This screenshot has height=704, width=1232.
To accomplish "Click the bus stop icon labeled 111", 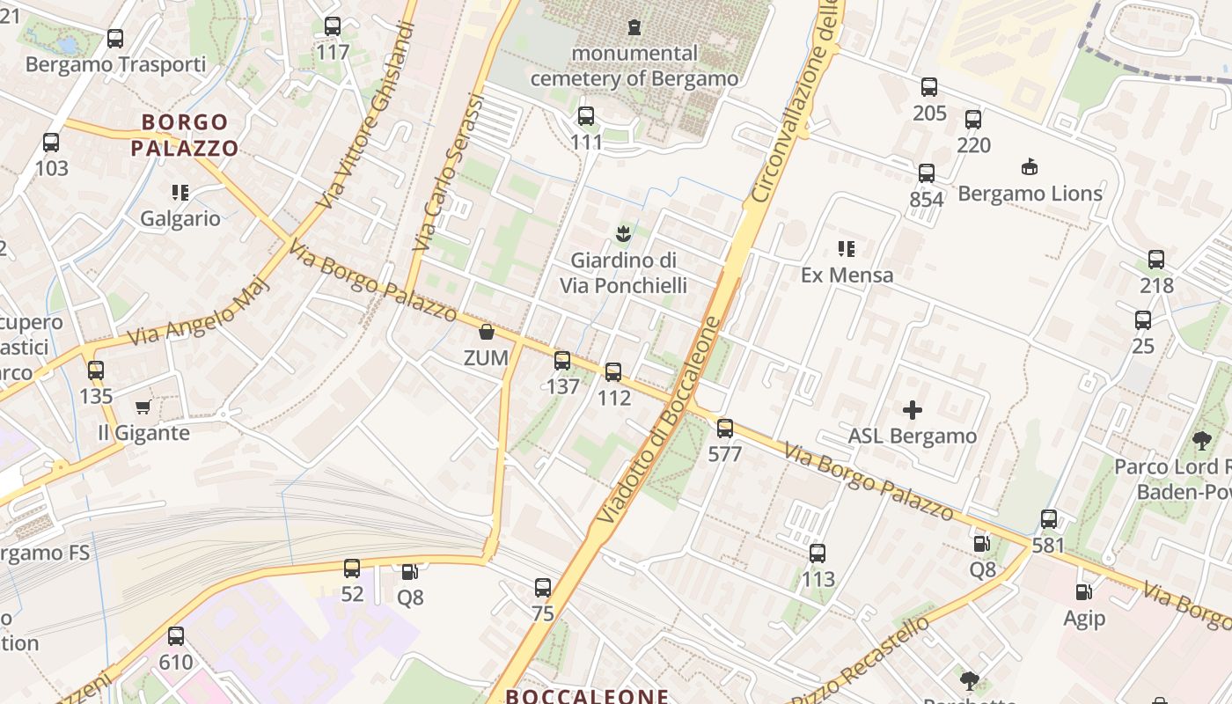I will (586, 116).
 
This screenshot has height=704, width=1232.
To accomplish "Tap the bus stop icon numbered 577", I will (725, 429).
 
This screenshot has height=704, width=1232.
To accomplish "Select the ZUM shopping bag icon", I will (486, 332).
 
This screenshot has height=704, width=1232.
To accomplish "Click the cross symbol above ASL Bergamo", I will (913, 409).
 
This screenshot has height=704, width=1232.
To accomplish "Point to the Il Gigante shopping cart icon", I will (143, 407).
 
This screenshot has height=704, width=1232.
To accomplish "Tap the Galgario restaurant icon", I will (180, 192).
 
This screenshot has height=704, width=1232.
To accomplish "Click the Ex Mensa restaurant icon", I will (847, 248).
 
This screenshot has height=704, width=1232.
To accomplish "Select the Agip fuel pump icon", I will (1084, 592).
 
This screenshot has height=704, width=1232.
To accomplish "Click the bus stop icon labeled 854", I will (927, 173).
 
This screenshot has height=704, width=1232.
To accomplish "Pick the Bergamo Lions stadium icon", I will (1030, 166).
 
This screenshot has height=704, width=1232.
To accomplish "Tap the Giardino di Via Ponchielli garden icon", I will (623, 233).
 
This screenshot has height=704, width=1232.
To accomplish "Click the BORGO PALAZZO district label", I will (185, 135).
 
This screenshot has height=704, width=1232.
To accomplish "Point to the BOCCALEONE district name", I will (587, 696).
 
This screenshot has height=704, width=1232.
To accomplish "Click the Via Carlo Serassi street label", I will (448, 175).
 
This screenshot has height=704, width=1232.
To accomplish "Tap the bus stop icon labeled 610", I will (176, 635).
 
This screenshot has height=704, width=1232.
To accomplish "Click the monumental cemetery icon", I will (634, 26).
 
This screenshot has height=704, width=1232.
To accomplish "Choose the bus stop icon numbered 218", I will (1156, 260).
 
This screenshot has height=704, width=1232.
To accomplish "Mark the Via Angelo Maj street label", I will (198, 313).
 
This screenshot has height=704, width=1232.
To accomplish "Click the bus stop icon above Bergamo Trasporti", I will (115, 38).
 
